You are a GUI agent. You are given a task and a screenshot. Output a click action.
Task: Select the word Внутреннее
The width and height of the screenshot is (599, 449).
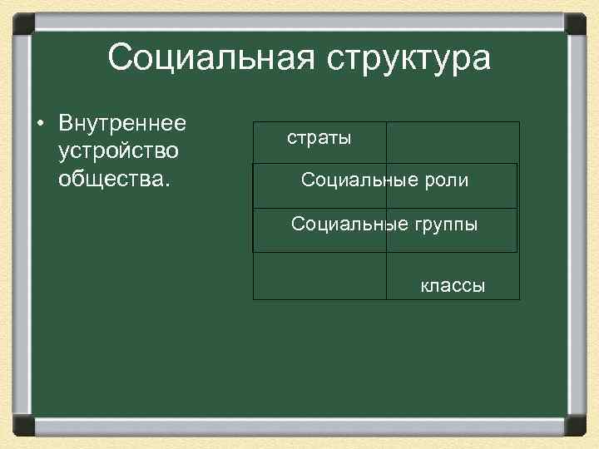pos(122,124)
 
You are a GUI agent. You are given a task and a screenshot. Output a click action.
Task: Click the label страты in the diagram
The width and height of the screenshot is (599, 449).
pos(319,138)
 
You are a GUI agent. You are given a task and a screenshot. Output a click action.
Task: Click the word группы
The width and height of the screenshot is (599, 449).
pos(447,224)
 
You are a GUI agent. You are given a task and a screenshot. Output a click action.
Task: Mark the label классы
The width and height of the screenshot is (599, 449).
pos(453,287)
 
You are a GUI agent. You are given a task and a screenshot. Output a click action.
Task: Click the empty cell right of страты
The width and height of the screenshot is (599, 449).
pos(453,142)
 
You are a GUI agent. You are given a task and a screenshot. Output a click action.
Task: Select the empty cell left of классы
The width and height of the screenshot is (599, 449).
pos(319,275)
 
